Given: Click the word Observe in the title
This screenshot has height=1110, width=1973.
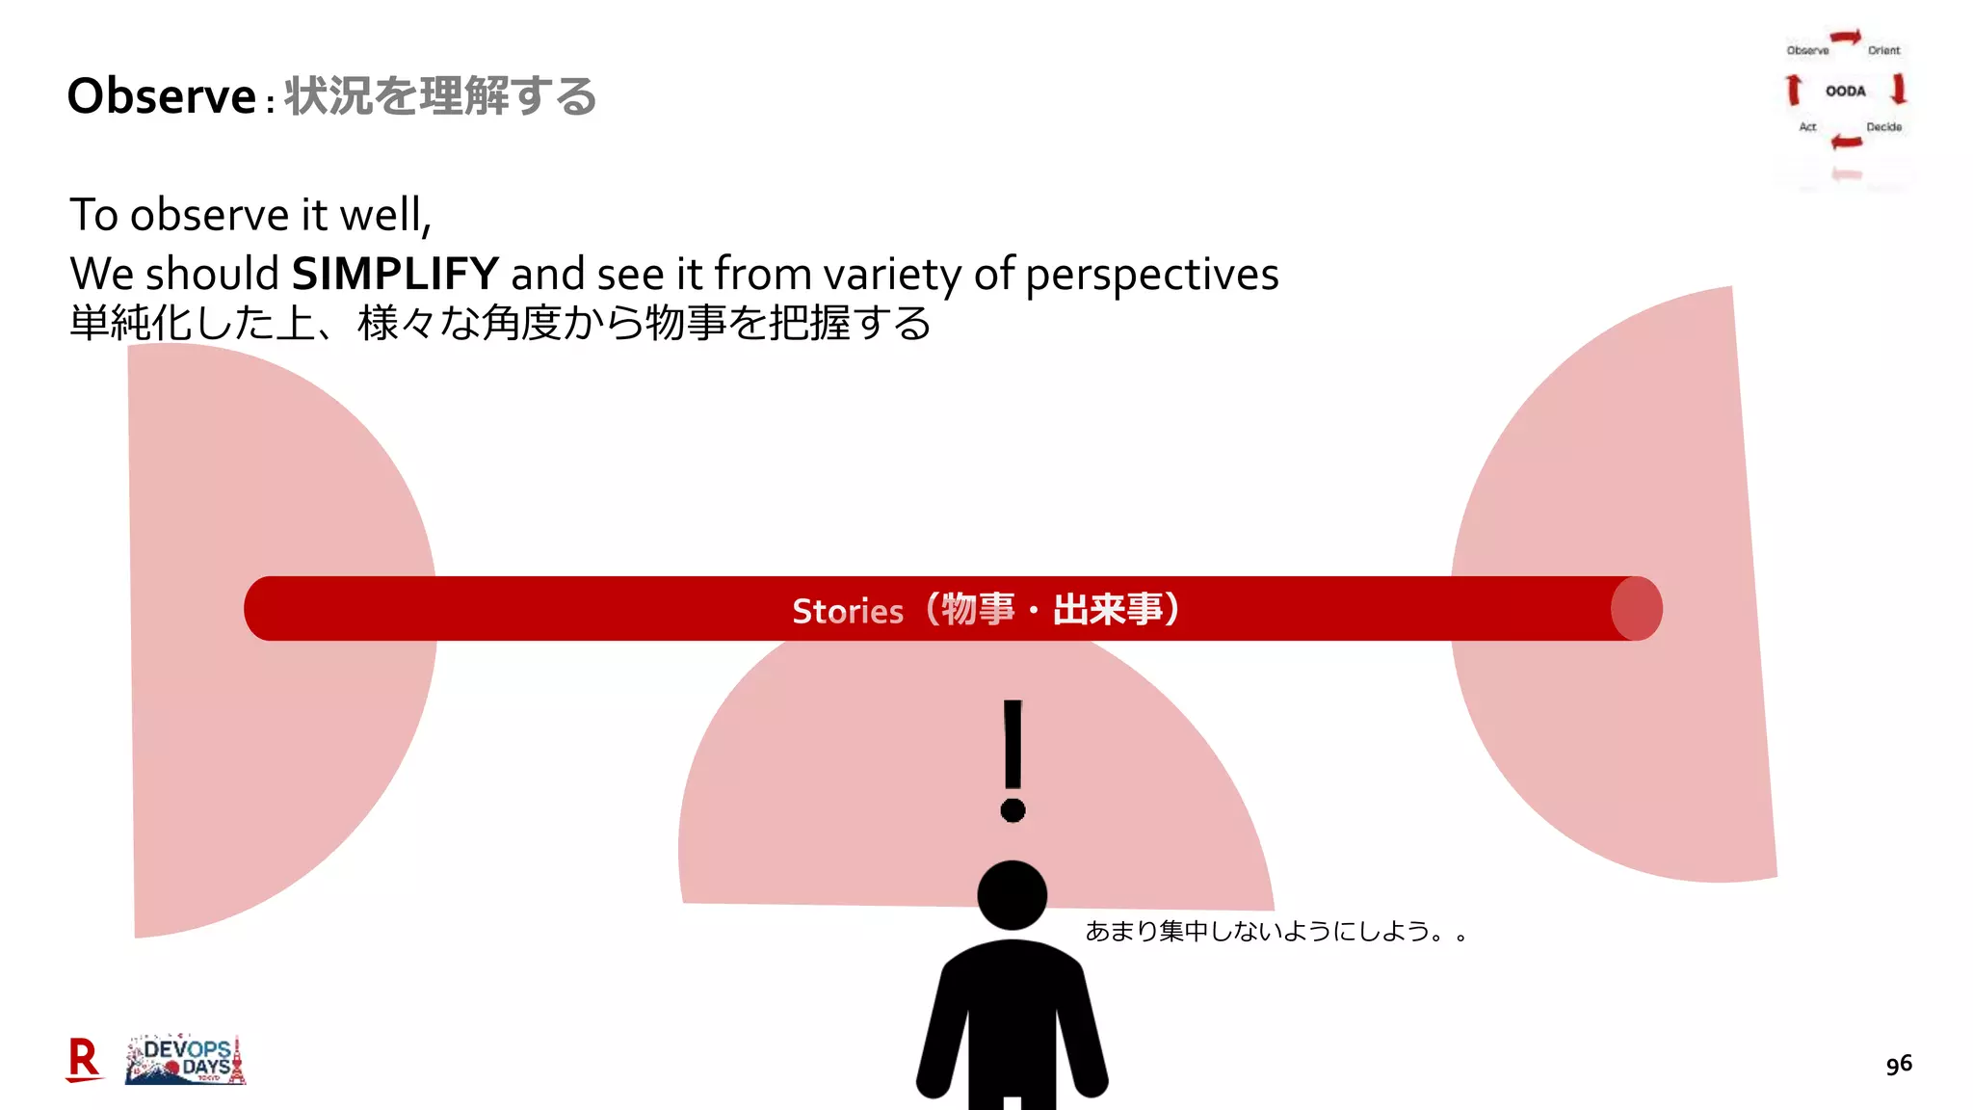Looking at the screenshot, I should click(161, 96).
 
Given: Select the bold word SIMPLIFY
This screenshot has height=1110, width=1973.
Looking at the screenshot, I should click(395, 274).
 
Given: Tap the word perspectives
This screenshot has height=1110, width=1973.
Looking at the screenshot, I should click(1151, 276).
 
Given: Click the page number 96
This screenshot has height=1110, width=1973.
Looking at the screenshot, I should click(1899, 1064).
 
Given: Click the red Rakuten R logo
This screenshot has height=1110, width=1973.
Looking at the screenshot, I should click(84, 1059).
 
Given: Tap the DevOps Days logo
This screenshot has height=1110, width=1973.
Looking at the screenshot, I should click(186, 1060).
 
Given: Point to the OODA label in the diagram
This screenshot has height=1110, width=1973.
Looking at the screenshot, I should click(1845, 92).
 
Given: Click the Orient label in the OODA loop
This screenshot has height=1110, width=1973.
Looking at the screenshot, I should click(1883, 50).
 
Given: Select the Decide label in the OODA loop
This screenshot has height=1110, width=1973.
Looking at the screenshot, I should click(1883, 127).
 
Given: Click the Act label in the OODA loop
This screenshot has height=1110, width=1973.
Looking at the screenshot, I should click(1807, 127).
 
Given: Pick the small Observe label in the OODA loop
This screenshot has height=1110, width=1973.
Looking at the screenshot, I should click(1807, 50).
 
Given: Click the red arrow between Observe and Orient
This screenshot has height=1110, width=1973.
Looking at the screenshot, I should click(1846, 38).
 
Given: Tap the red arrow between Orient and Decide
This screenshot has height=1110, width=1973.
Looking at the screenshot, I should click(1899, 90).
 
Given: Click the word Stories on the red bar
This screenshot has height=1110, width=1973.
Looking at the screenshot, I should click(848, 611).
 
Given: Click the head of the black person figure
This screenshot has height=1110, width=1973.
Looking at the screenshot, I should click(1012, 895).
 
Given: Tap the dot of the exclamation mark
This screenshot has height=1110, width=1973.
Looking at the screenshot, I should click(1013, 809).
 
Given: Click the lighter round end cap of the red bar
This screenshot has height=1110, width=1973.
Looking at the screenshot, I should click(1638, 608).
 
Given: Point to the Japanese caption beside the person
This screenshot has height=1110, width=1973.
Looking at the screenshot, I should click(1276, 931).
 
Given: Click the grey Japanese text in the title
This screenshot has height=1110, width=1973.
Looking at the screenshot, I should click(440, 96).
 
